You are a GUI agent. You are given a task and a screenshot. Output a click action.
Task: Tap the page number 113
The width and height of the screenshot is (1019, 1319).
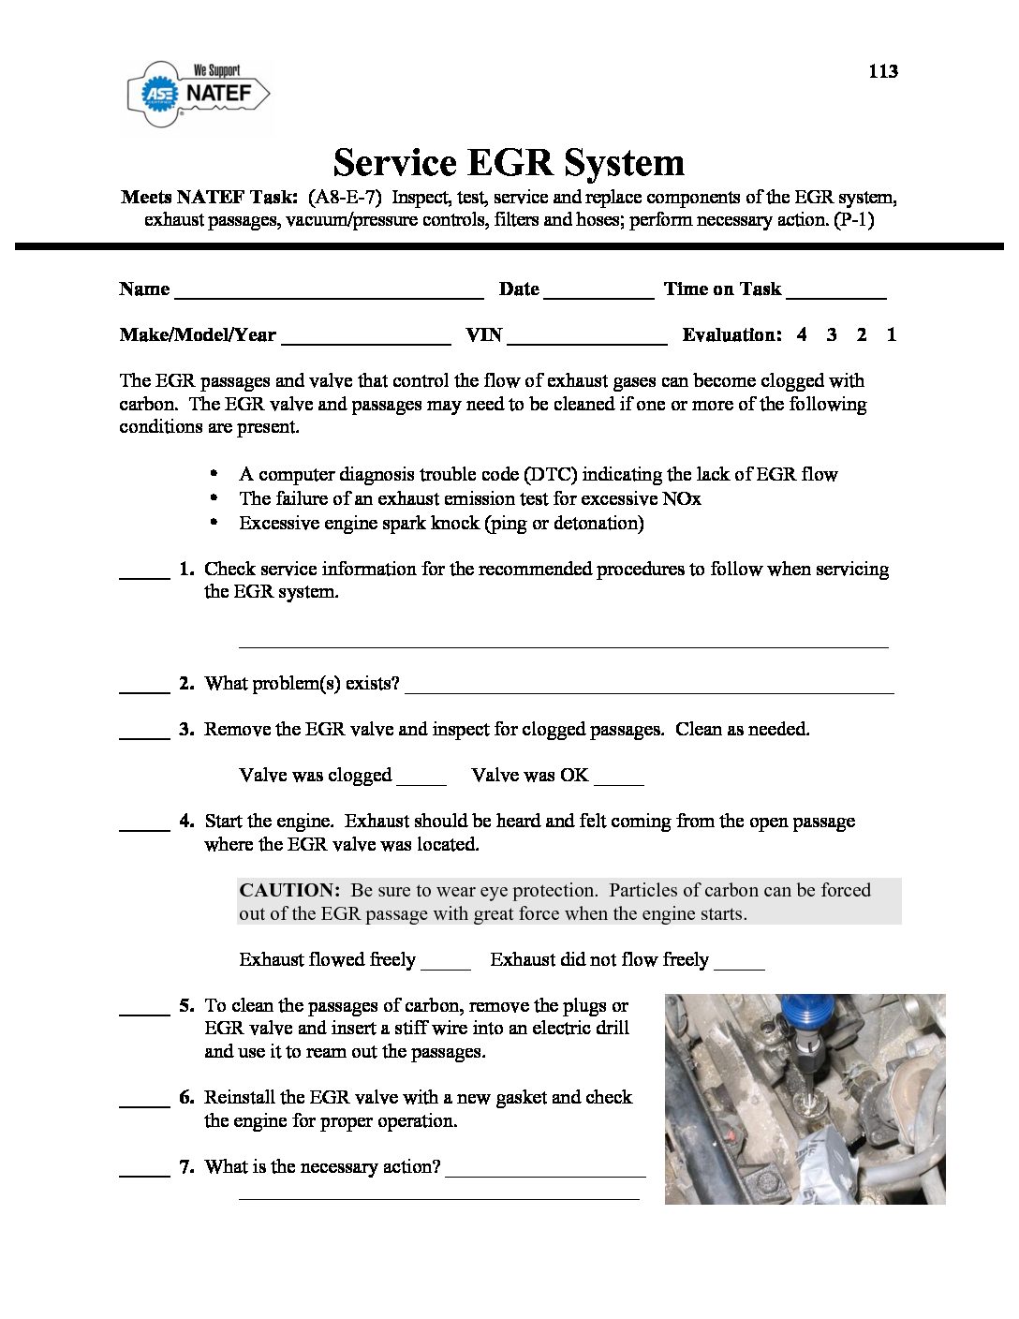tap(882, 71)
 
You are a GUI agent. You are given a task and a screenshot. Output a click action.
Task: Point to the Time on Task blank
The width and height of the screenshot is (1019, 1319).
tap(835, 294)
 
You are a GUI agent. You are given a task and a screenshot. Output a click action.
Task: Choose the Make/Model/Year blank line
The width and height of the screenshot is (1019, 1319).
tap(365, 340)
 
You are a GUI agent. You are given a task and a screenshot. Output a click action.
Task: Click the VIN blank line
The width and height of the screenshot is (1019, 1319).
tap(586, 340)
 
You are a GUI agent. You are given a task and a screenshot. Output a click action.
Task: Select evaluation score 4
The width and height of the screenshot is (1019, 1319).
tap(802, 334)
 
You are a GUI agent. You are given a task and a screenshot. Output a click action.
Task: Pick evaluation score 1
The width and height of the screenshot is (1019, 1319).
tap(892, 334)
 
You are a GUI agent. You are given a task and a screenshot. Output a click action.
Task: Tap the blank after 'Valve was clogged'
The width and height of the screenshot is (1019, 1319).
tap(421, 780)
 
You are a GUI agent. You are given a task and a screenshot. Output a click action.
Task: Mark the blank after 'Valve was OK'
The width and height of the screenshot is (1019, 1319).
tap(619, 780)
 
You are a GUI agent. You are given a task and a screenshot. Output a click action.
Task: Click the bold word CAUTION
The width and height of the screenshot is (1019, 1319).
tap(288, 890)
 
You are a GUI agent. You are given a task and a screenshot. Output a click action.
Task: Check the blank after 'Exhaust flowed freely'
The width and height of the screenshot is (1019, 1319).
tap(446, 965)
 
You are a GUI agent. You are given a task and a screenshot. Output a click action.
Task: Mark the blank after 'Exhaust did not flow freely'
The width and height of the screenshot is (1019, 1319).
tap(739, 965)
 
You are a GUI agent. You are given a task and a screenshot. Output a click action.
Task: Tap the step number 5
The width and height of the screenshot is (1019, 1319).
tap(186, 1005)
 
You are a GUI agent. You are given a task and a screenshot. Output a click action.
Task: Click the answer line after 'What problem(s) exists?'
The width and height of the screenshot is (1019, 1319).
tap(648, 689)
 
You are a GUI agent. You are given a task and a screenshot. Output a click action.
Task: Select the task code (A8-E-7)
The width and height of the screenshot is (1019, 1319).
tap(344, 198)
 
